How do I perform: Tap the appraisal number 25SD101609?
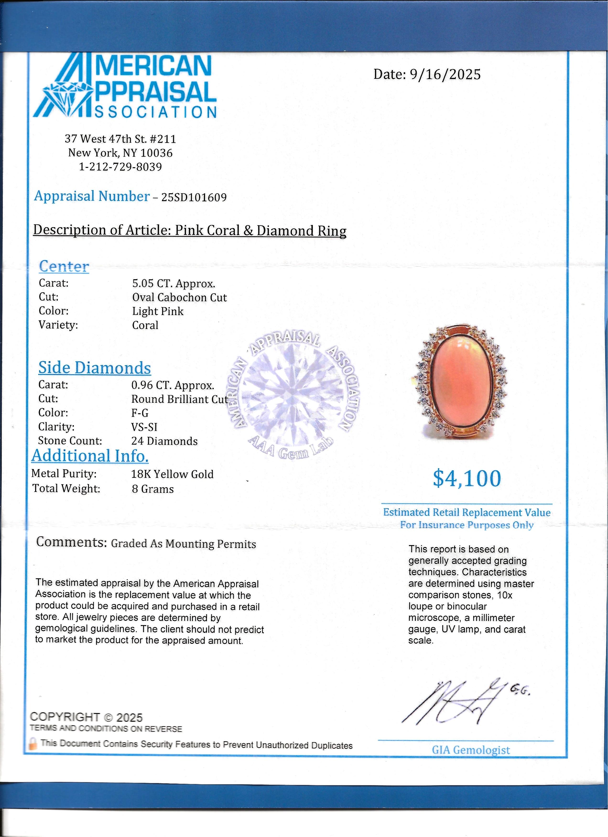[x=194, y=198]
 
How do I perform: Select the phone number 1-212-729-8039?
[x=120, y=167]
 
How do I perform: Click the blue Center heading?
[x=64, y=266]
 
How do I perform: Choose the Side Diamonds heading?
[x=94, y=368]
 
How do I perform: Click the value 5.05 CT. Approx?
[x=174, y=284]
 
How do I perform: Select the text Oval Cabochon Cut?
[x=179, y=297]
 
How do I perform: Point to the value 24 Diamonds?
[x=164, y=441]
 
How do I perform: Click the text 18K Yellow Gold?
[x=172, y=474]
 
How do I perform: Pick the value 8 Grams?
[x=153, y=489]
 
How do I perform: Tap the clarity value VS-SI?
[x=144, y=427]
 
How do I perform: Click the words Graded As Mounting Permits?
[x=184, y=544]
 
